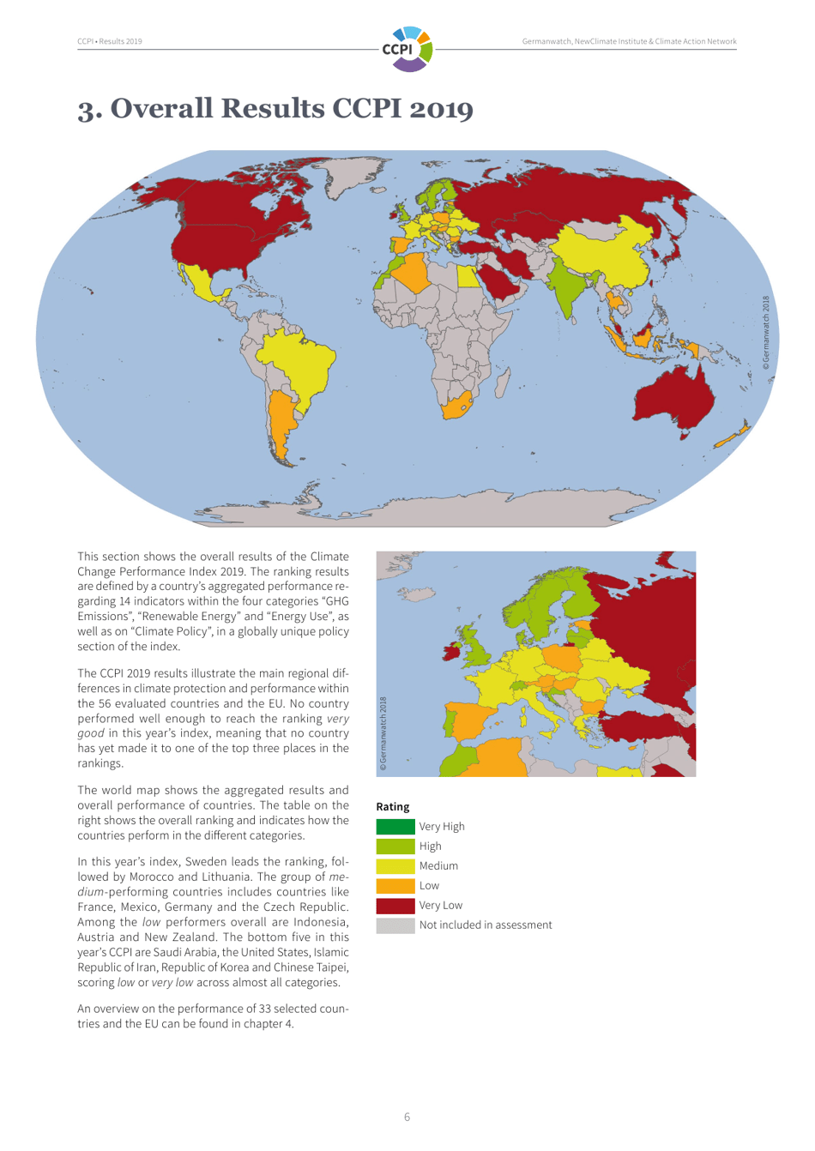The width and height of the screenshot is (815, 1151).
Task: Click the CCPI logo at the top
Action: tap(407, 48)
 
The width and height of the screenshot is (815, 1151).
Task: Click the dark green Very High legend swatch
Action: tap(395, 827)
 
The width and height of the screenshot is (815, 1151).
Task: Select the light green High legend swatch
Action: tap(395, 847)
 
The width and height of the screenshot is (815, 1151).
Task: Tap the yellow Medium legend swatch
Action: tap(395, 866)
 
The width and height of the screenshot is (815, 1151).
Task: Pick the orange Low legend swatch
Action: tap(395, 886)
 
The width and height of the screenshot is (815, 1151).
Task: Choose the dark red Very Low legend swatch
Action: tap(395, 906)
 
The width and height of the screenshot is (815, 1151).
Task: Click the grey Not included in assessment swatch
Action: tap(395, 925)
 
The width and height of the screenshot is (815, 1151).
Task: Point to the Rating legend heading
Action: tap(393, 807)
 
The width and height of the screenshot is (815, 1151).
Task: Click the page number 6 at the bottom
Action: tap(407, 1117)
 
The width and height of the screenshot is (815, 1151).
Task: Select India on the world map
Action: tap(565, 287)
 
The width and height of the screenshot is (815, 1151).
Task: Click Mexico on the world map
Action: tap(204, 284)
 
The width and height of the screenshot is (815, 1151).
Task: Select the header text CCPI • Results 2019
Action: tap(110, 41)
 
